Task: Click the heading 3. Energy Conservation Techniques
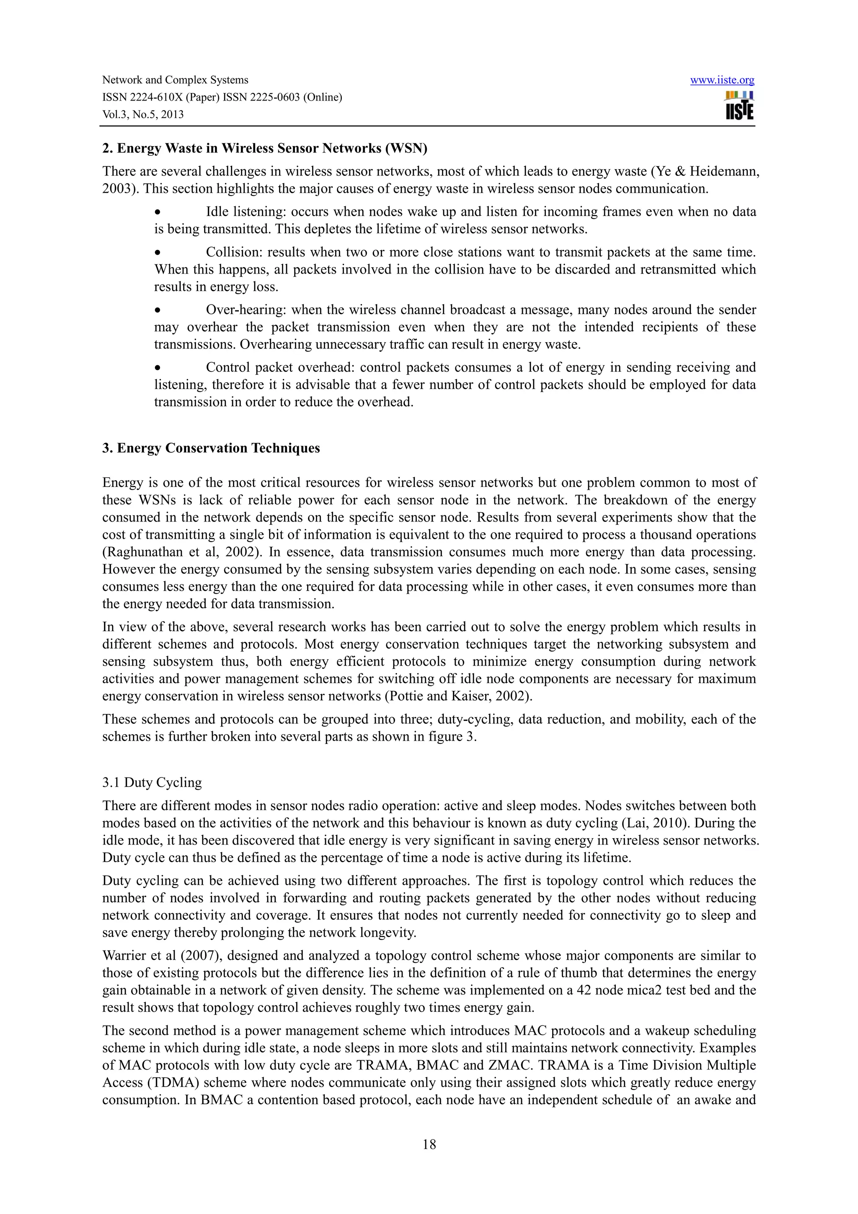click(211, 448)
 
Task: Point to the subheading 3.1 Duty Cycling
click(152, 782)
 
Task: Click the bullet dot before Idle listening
click(157, 212)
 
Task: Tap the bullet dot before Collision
click(157, 253)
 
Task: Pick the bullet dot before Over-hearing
click(157, 310)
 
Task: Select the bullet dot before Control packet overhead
click(157, 368)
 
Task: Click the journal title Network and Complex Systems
click(175, 80)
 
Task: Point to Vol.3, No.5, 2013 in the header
click(143, 115)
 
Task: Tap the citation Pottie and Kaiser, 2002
click(457, 696)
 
